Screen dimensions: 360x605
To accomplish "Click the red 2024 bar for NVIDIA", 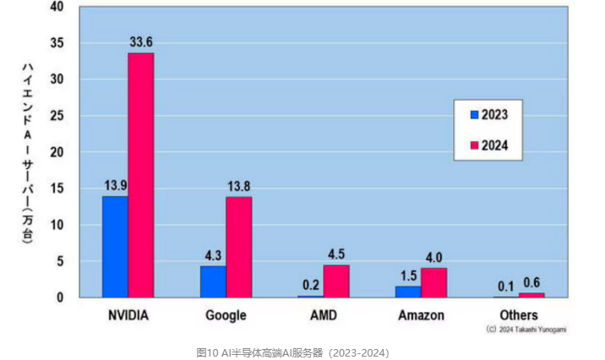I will [141, 175].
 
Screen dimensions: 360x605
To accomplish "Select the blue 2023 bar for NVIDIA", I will [115, 247].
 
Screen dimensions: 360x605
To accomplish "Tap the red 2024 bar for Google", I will [239, 247].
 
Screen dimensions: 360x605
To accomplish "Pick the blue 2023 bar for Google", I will [213, 281].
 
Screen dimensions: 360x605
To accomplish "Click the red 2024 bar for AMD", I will [336, 281].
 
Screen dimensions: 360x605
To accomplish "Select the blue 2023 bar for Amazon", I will [408, 292].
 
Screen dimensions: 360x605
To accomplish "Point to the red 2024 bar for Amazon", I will [434, 282].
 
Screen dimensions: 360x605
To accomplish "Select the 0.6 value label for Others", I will [532, 282].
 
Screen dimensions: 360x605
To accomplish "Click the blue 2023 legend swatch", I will [474, 114].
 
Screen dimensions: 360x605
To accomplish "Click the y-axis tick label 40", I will [57, 7].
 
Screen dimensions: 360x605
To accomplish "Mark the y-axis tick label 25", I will [57, 116].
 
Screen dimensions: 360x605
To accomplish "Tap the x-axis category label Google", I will [226, 316].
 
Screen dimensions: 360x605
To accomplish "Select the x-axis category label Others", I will [519, 316].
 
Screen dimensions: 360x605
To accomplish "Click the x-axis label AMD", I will [324, 316].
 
